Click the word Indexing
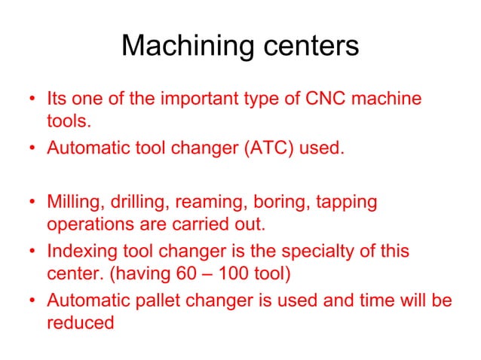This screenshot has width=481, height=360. [78, 251]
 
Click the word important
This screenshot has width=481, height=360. [178, 99]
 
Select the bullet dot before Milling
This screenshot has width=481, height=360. [32, 203]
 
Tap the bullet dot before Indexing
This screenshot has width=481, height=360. [32, 252]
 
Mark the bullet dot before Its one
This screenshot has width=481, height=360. [32, 100]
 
